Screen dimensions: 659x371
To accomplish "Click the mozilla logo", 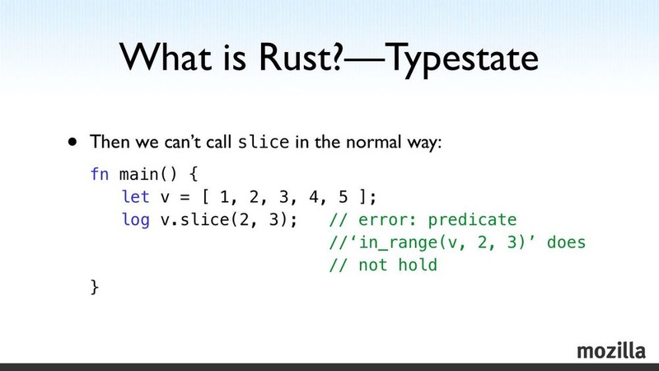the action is pos(611,351).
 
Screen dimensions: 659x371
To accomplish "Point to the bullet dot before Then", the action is pos(72,142).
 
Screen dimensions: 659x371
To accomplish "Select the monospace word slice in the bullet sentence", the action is pos(264,142).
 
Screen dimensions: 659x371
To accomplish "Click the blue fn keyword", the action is pos(100,174).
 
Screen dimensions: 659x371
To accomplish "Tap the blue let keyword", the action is pos(135,196).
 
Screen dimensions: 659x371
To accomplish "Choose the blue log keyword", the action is pos(135,220).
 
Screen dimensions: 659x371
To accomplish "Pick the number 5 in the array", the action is pos(343,197).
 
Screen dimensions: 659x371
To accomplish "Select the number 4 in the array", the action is pos(314,197).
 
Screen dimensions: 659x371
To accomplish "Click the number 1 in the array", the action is pos(225,197).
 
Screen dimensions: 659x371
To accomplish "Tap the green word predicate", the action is pos(472,220).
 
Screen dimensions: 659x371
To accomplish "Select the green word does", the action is pos(566,242).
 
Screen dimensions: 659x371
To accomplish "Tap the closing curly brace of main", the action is pos(95,287).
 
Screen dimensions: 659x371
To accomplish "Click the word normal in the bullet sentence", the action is pos(373,142).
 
